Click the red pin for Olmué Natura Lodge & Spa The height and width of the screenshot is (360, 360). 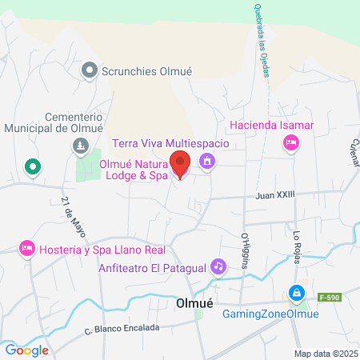click(x=180, y=164)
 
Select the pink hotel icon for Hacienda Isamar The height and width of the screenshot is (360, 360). click(x=291, y=142)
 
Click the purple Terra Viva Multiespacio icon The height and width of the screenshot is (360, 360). click(x=207, y=161)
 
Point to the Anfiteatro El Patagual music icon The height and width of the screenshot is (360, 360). click(x=217, y=267)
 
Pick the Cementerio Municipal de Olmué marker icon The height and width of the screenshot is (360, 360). click(x=79, y=145)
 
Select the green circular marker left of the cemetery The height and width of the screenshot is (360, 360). click(x=32, y=167)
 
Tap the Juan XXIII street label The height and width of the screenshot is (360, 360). click(x=275, y=194)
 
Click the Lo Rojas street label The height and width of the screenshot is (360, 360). click(x=297, y=243)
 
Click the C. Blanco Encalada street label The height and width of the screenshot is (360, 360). click(x=122, y=328)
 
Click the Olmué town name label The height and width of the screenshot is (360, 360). click(x=193, y=304)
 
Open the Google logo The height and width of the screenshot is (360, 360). click(x=26, y=350)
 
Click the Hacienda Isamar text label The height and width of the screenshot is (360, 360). click(x=271, y=126)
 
